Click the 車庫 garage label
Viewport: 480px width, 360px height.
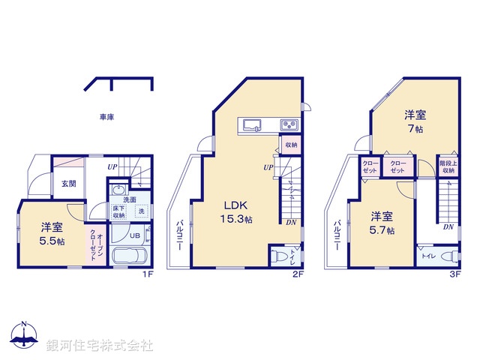click(106, 117)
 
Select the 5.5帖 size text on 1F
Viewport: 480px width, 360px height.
click(52, 242)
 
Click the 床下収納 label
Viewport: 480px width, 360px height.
click(119, 212)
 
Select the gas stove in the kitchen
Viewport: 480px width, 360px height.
click(289, 124)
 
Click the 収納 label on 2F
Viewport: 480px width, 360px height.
click(290, 145)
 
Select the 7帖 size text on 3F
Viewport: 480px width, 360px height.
click(415, 129)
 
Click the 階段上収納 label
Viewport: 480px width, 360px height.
click(448, 166)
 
